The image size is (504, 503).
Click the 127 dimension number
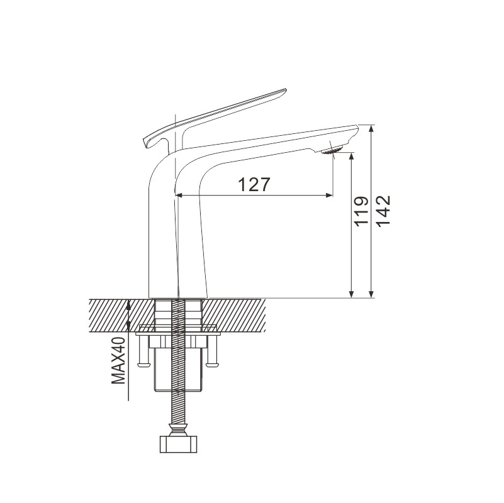[x=254, y=184]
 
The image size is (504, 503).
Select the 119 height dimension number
[x=361, y=211]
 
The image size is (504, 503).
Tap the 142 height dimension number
[x=383, y=211]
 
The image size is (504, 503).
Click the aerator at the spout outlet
[x=332, y=150]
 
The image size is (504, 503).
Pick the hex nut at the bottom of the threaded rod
[x=179, y=444]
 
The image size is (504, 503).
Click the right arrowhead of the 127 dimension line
[x=329, y=195]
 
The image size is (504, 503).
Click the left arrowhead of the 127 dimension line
[x=179, y=195]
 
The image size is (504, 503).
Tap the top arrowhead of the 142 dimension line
[x=371, y=128]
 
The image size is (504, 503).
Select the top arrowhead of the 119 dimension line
[x=352, y=157]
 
